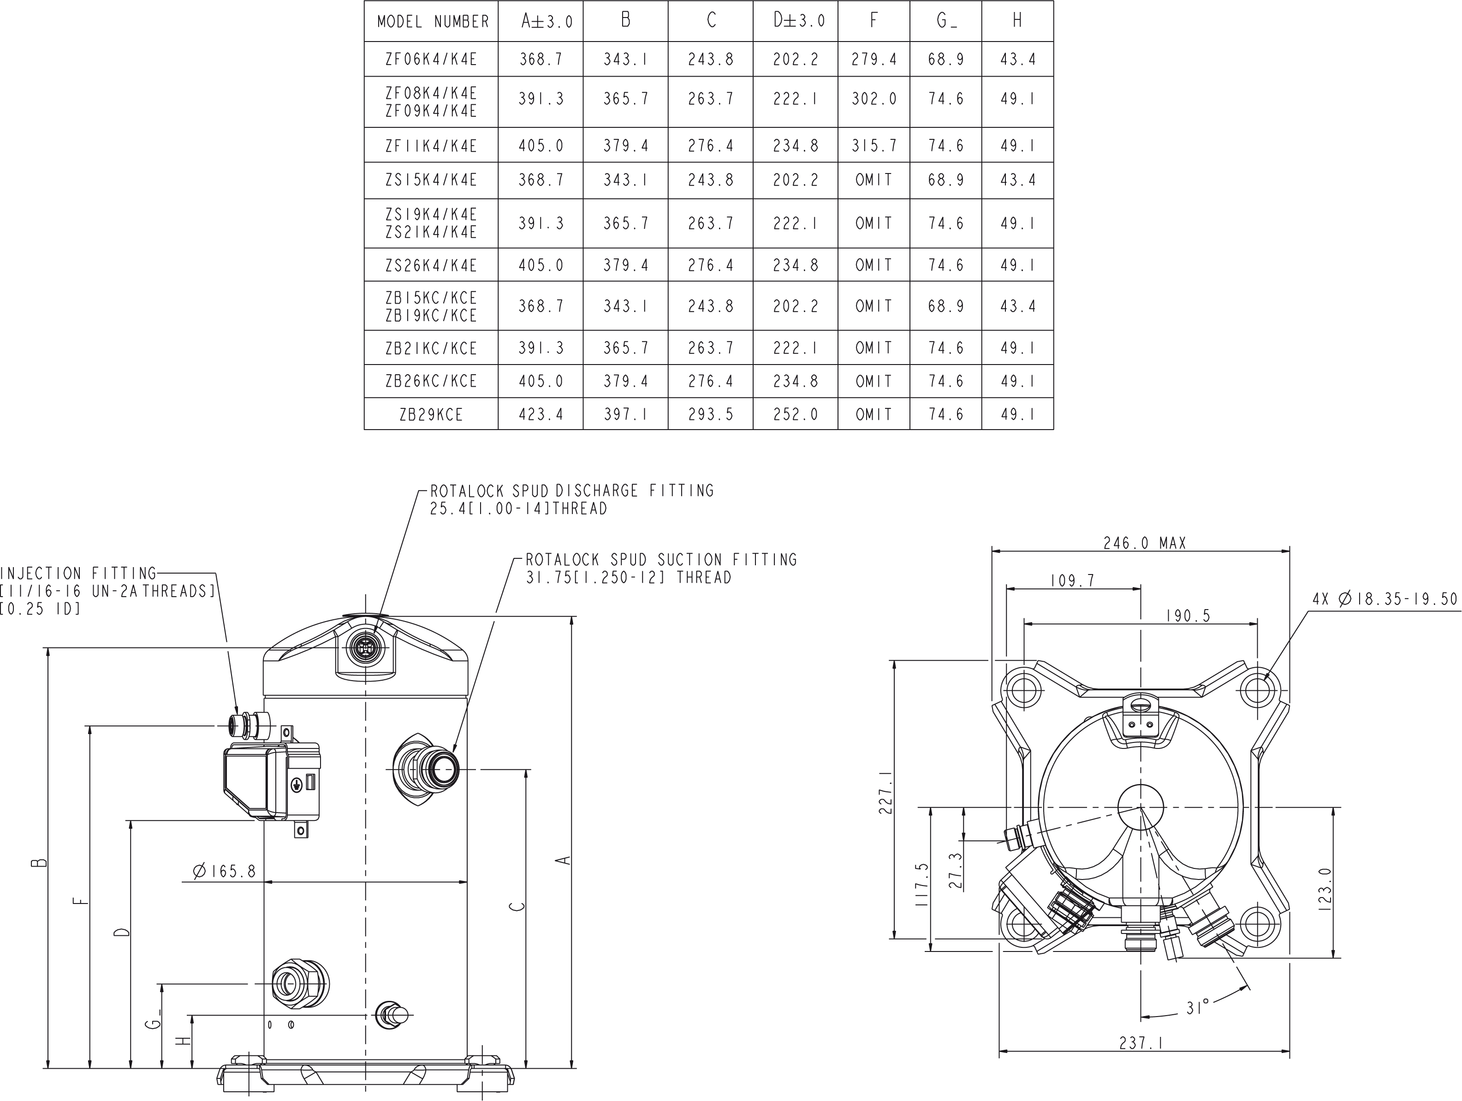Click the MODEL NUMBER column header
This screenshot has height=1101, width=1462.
point(433,22)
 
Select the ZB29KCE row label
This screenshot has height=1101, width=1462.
point(431,415)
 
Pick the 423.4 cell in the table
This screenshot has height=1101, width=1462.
point(541,415)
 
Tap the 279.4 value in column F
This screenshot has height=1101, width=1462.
point(874,60)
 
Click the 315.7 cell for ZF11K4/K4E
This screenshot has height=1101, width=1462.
point(874,145)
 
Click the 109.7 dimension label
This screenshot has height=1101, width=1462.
point(1073,580)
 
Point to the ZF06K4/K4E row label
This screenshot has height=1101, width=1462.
point(431,60)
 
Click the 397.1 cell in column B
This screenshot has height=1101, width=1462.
point(625,415)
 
